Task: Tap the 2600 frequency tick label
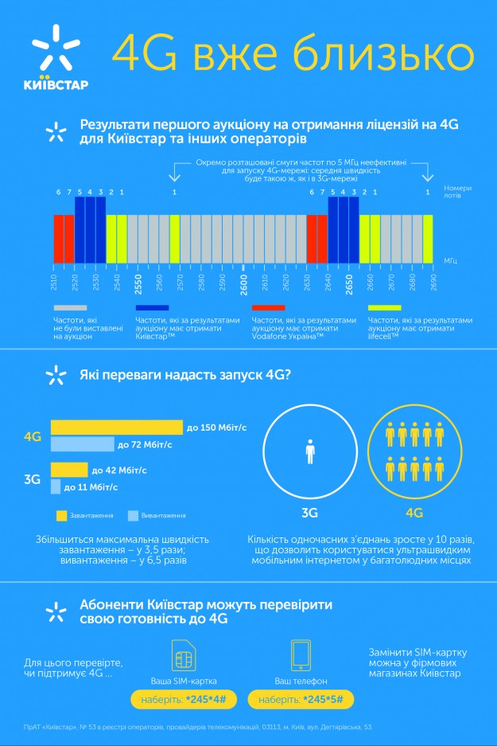pyautogui.click(x=244, y=283)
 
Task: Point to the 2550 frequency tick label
pyautogui.click(x=138, y=283)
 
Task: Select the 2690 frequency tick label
pyautogui.click(x=433, y=283)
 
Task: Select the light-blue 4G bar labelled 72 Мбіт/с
pyautogui.click(x=83, y=444)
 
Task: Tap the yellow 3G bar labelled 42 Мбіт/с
pyautogui.click(x=69, y=470)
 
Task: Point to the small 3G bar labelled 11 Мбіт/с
pyautogui.click(x=56, y=486)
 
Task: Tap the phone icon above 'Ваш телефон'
pyautogui.click(x=301, y=655)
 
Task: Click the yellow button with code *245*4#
pyautogui.click(x=184, y=699)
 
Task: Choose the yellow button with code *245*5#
pyautogui.click(x=301, y=699)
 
